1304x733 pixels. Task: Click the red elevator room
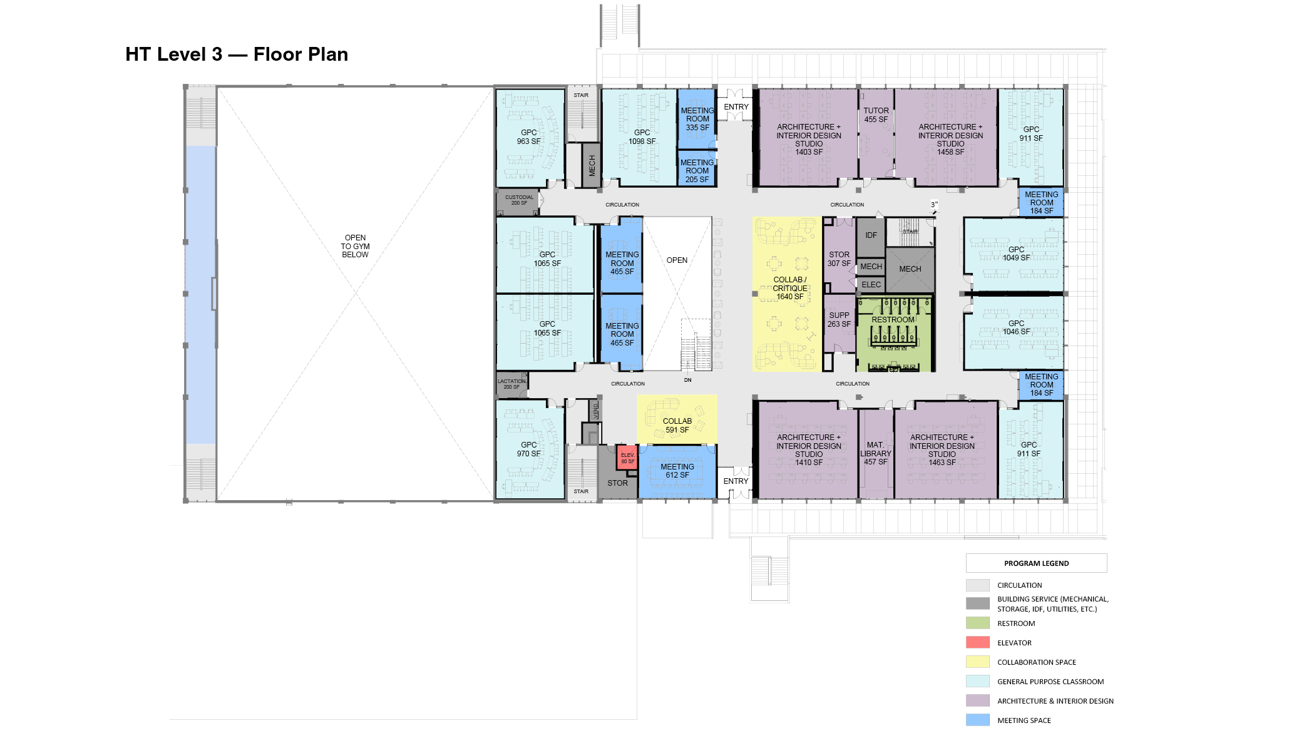(x=627, y=458)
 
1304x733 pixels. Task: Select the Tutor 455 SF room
(x=876, y=115)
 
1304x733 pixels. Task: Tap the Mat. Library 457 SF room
(x=875, y=453)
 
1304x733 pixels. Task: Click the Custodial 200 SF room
(x=519, y=200)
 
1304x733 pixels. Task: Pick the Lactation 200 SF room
(x=511, y=384)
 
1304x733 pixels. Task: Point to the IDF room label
(x=871, y=235)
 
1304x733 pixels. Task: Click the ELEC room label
(x=871, y=285)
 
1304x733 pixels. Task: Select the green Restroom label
(x=893, y=320)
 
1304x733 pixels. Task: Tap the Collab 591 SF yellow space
(x=677, y=425)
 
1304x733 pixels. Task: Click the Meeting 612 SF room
(x=677, y=471)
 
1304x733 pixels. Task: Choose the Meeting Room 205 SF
(x=697, y=171)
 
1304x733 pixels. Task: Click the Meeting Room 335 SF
(x=697, y=119)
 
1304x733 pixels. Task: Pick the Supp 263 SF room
(x=839, y=320)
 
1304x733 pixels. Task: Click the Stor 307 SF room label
(x=839, y=259)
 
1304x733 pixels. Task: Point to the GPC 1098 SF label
(x=642, y=137)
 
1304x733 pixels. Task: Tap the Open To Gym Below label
(x=355, y=246)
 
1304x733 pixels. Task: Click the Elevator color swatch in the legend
(x=977, y=642)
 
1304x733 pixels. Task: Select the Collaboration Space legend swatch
(x=977, y=662)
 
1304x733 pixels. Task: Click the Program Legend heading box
(x=1036, y=563)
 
